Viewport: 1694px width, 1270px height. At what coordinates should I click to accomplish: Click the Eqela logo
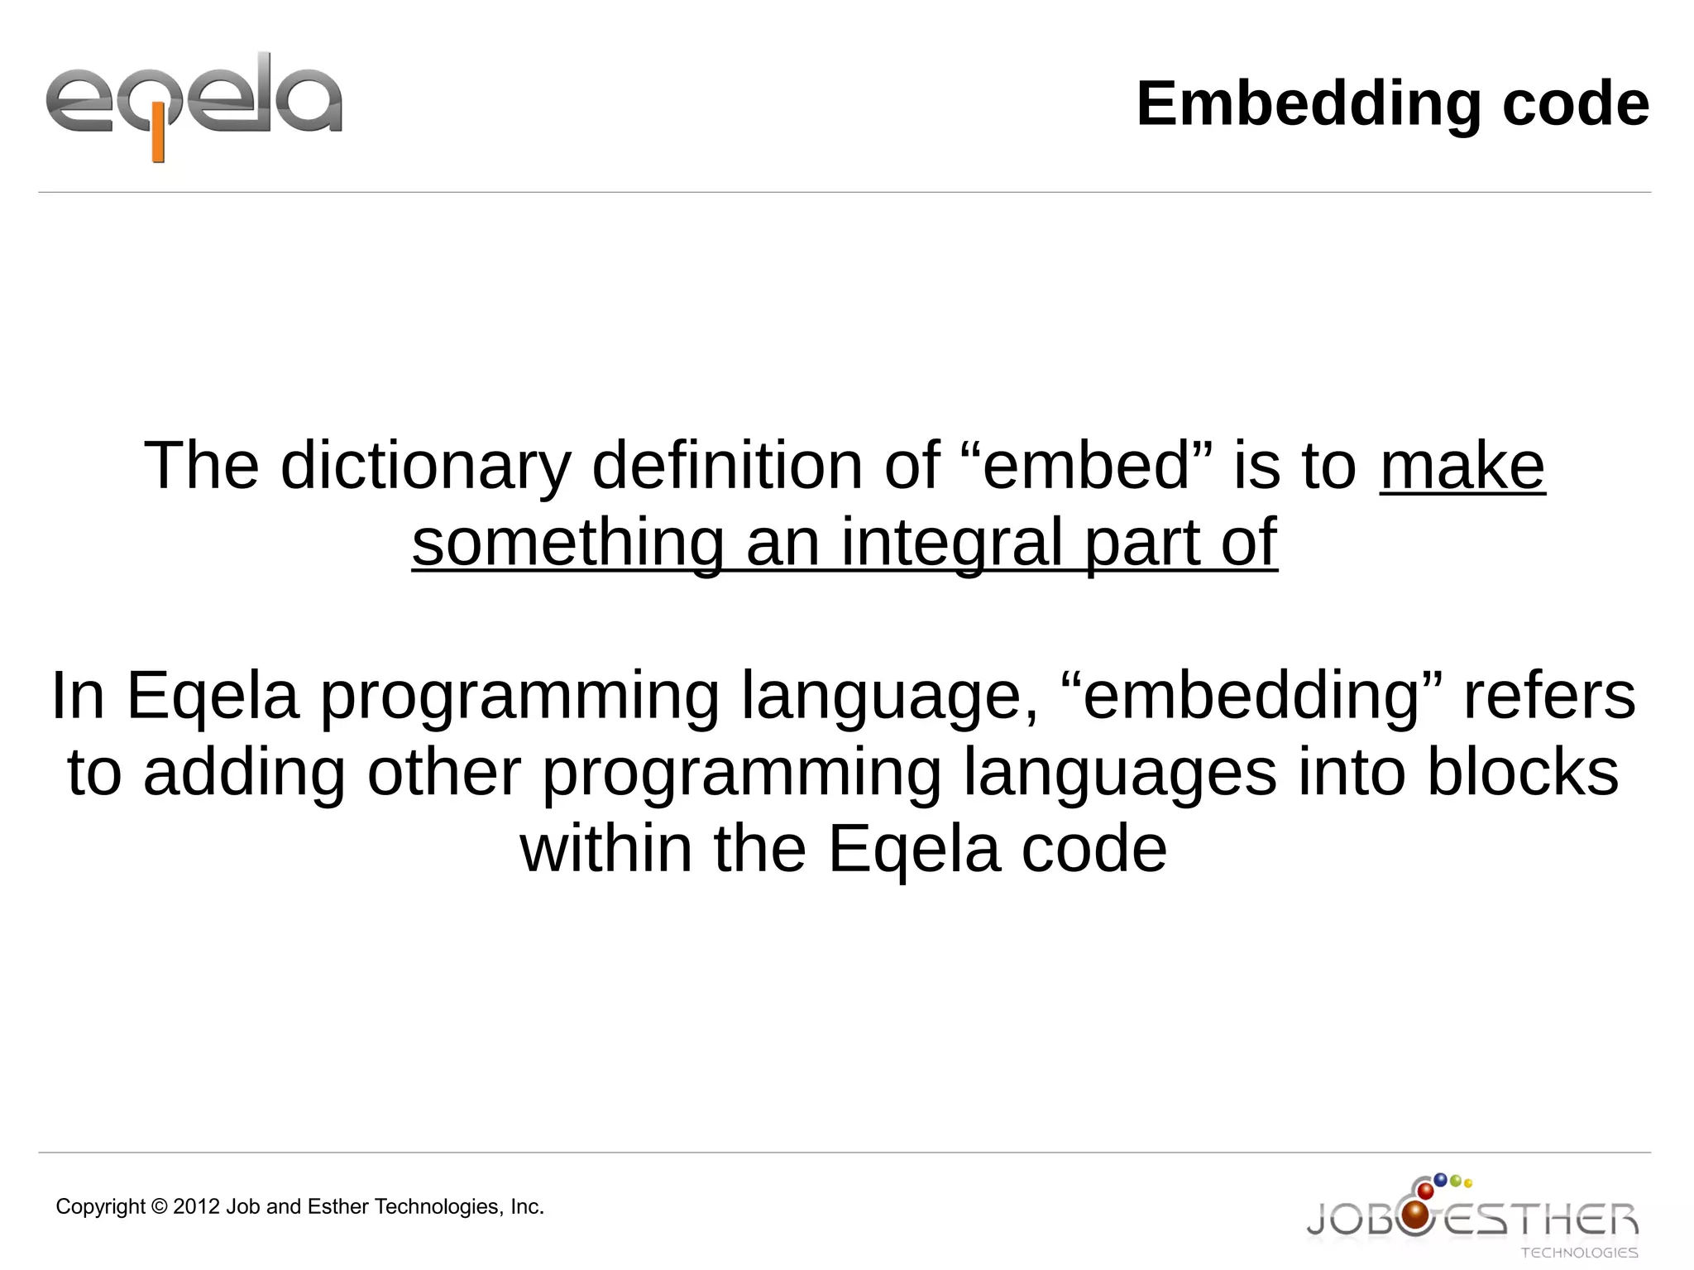click(194, 105)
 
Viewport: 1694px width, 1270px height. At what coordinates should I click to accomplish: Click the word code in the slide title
click(1575, 104)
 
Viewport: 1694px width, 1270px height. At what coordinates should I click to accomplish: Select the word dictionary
click(425, 466)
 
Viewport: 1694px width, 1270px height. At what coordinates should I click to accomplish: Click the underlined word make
click(1462, 466)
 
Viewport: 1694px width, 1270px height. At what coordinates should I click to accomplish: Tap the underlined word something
click(568, 542)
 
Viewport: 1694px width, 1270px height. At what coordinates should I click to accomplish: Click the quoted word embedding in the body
click(1251, 695)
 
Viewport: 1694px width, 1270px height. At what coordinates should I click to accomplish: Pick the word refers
click(1548, 695)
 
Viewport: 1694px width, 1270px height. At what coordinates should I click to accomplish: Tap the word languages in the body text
click(1120, 773)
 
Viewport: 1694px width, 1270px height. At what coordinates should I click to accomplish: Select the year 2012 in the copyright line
click(197, 1206)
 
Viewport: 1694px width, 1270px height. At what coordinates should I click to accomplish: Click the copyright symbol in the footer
click(159, 1206)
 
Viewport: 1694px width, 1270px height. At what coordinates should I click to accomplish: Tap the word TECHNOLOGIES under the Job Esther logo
click(1579, 1253)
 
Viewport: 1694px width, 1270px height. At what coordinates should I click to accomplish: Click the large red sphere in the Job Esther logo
click(1416, 1215)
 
